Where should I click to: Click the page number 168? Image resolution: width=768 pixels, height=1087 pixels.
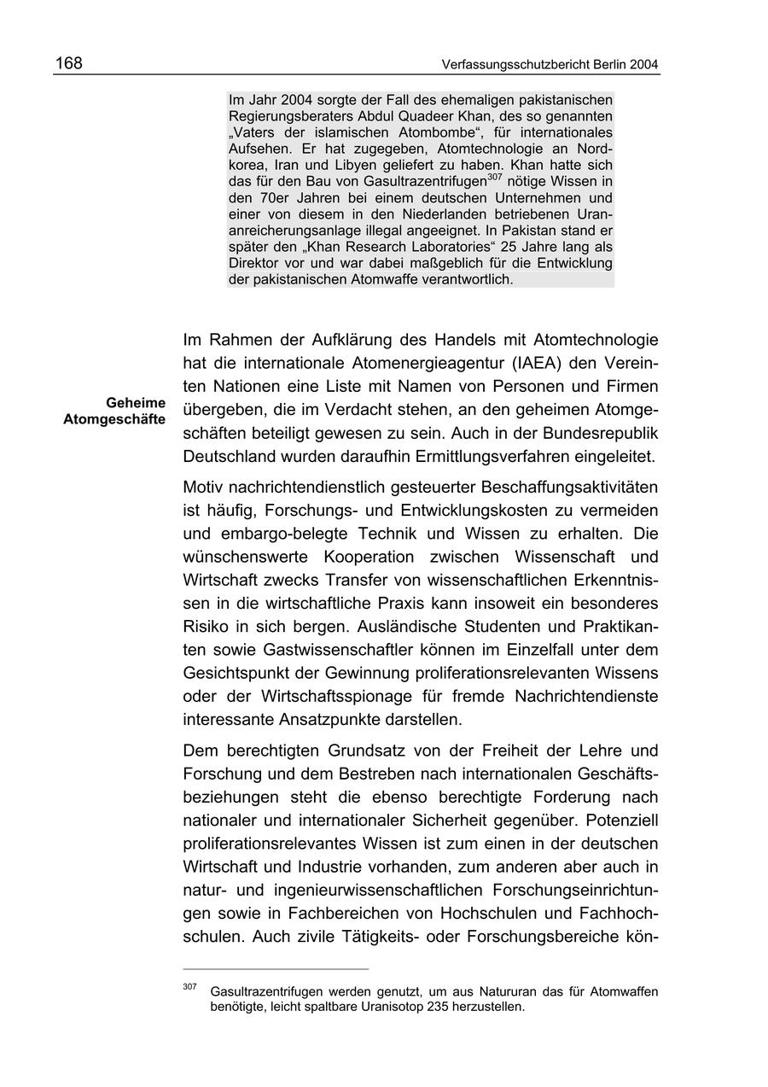click(69, 64)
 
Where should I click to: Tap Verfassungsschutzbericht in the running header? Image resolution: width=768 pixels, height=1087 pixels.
click(509, 65)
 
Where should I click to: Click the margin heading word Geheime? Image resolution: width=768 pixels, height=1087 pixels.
click(137, 402)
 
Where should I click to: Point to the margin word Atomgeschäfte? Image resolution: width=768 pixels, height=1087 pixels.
click(114, 419)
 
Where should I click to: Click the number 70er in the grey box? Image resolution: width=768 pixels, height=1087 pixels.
click(271, 197)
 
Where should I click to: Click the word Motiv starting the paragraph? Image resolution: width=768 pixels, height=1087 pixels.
click(203, 488)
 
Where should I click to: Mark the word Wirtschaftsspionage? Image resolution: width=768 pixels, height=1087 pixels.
click(359, 696)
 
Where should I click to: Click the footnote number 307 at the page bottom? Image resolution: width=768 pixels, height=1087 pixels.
click(189, 986)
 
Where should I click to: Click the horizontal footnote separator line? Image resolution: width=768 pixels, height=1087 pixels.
click(276, 969)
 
